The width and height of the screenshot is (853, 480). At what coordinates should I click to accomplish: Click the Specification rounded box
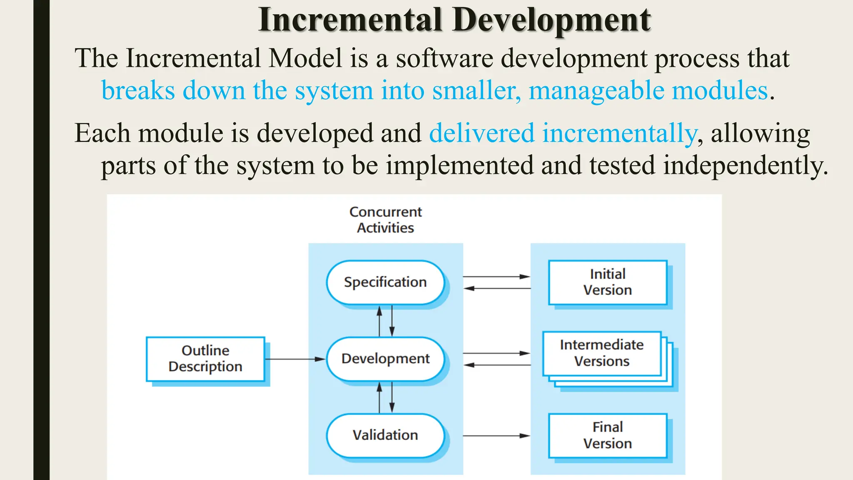pos(385,282)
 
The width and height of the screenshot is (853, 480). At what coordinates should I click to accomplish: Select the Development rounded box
pos(385,359)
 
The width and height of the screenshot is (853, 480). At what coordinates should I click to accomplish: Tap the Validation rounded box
pos(385,435)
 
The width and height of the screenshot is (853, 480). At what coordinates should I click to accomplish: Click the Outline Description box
pos(205,359)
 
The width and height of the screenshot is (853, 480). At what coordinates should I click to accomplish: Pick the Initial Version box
pos(607,282)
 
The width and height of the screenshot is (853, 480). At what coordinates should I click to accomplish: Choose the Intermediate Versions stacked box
pos(602,353)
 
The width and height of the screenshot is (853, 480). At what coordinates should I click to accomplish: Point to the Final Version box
pos(607,435)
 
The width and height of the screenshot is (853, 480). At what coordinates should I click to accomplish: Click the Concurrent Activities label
pos(385,220)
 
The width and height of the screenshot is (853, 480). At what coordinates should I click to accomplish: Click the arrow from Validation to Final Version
pos(496,436)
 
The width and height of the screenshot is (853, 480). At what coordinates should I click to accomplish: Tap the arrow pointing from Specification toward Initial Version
pos(496,276)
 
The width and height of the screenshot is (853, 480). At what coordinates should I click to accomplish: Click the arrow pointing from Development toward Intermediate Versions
pos(496,353)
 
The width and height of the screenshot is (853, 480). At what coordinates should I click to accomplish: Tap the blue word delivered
pos(481,133)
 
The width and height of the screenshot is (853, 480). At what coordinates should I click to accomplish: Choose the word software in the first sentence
pos(444,58)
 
